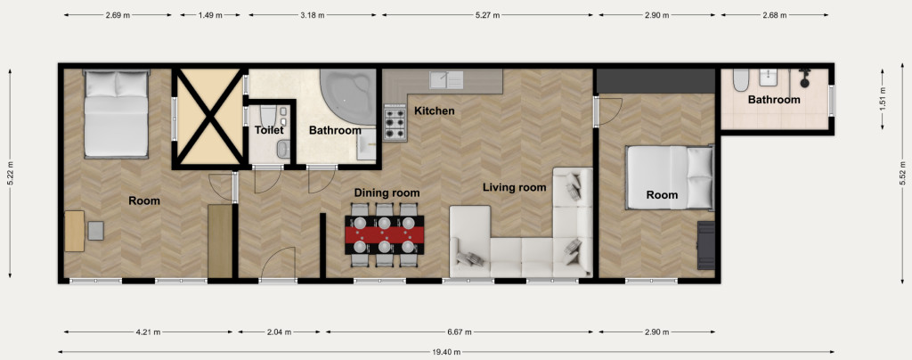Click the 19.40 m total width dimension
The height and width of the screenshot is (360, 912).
[447, 352]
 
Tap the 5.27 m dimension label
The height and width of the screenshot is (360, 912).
[487, 15]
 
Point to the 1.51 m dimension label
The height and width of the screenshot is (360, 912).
[883, 99]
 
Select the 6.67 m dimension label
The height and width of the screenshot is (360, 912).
[459, 332]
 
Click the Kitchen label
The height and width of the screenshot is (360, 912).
[434, 110]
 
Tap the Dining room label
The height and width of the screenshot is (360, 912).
[387, 193]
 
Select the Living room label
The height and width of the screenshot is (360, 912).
[514, 187]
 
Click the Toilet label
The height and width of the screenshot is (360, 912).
[269, 130]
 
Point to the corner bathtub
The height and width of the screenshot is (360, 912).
[348, 96]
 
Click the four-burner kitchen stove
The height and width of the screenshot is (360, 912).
[395, 123]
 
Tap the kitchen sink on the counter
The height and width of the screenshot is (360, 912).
[446, 80]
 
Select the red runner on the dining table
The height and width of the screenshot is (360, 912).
[385, 235]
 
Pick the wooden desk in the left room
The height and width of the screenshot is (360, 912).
[75, 231]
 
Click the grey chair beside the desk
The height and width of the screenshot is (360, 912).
[96, 231]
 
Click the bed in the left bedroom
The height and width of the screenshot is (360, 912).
[117, 113]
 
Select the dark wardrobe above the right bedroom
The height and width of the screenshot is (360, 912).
[656, 81]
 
